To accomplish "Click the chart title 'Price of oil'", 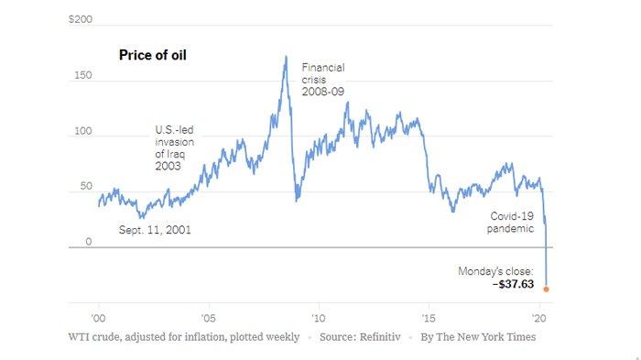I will click(x=153, y=55).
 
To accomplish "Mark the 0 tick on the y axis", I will click(x=88, y=242).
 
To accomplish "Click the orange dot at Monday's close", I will click(x=546, y=289).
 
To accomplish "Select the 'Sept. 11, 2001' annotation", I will click(x=157, y=230).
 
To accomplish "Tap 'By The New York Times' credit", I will click(x=477, y=337).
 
